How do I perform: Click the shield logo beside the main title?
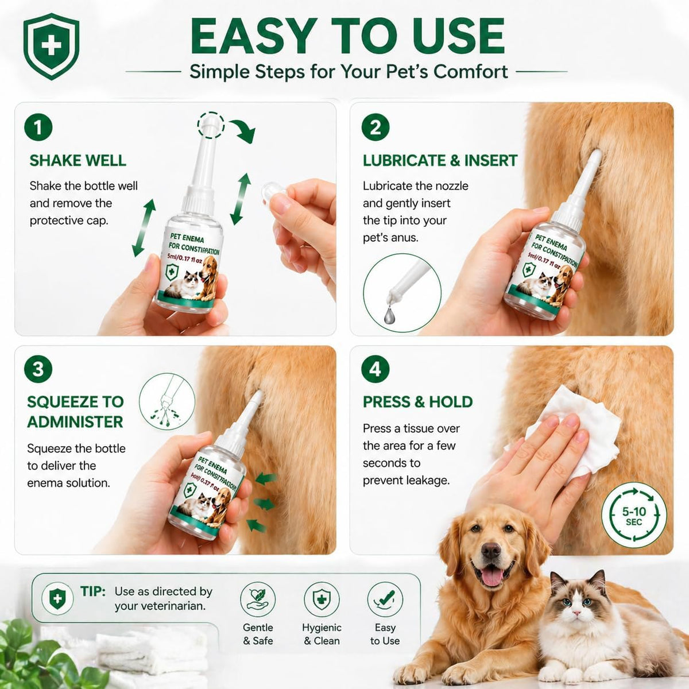51,46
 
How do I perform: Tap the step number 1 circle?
38,127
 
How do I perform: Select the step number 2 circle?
376,127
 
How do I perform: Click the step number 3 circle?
38,369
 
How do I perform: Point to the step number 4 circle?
376,369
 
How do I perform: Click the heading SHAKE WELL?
78,161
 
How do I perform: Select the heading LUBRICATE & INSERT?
440,161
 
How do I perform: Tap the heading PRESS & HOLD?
417,402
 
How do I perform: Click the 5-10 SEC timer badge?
634,515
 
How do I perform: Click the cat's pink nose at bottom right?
576,613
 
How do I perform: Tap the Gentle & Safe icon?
258,599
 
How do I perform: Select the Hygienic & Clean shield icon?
322,599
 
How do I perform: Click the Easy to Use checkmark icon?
385,599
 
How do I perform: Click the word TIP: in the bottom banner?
93,591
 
